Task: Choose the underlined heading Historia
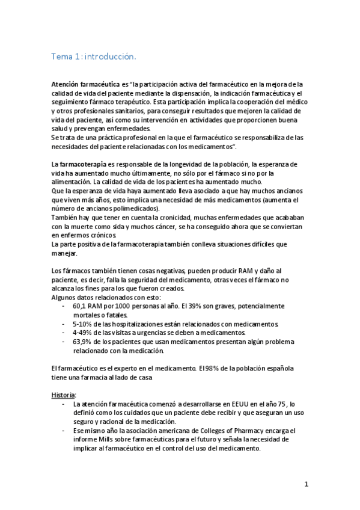coord(63,395)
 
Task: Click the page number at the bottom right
coord(306,484)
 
